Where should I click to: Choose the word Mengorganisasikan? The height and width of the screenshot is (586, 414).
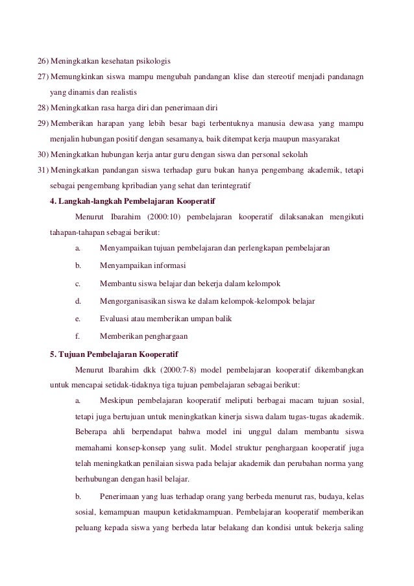point(137,301)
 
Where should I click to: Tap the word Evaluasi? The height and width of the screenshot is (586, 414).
point(114,319)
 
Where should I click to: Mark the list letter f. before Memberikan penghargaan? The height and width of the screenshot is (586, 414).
point(78,337)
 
